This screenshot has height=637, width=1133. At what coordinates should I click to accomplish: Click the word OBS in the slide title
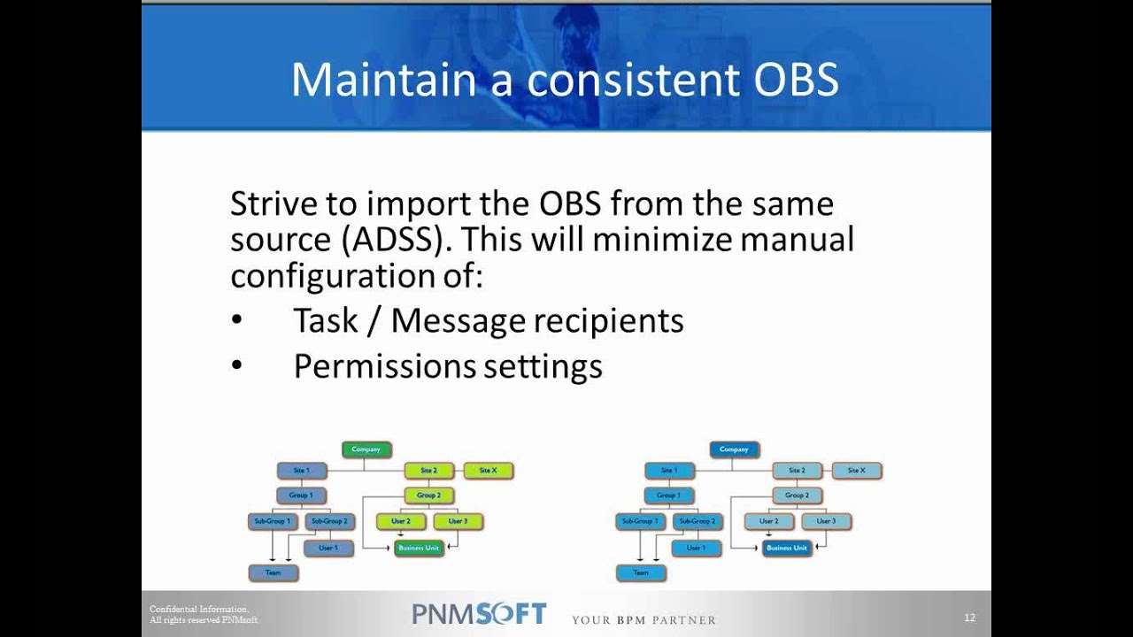tap(783, 80)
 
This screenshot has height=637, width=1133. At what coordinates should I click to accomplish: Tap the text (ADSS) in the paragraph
tap(401, 240)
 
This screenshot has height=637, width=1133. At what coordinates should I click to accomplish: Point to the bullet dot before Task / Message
tap(236, 321)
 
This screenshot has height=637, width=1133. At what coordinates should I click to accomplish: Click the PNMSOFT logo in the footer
tap(479, 614)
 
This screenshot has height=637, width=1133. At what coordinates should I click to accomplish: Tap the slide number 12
tap(969, 618)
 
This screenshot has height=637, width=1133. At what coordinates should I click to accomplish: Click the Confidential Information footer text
tap(199, 610)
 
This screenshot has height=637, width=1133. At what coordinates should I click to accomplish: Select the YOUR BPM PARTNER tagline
tap(644, 619)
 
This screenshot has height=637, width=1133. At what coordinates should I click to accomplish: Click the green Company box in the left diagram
tap(366, 450)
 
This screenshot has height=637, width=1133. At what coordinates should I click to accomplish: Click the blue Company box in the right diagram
tap(734, 450)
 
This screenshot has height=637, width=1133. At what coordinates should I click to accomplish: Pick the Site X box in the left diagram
tap(488, 471)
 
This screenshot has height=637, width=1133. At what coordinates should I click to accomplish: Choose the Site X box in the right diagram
tap(856, 471)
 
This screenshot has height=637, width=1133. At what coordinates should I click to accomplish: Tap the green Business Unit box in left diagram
tap(419, 549)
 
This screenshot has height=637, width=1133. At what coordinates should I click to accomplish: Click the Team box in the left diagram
tap(274, 573)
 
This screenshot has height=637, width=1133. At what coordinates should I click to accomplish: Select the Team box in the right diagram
tap(641, 573)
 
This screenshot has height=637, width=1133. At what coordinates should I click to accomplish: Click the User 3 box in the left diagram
tap(458, 522)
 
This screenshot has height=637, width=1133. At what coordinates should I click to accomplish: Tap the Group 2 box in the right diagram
tap(797, 495)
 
